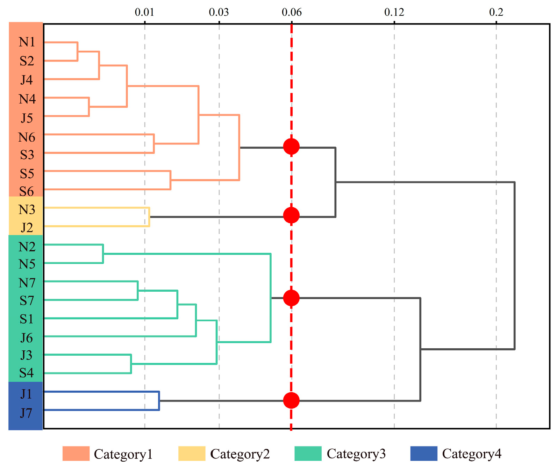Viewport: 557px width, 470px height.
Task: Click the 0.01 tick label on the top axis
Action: (x=144, y=12)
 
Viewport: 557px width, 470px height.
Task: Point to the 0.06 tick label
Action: (x=292, y=12)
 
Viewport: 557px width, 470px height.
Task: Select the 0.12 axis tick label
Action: (x=394, y=12)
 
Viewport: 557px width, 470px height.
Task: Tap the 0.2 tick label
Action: (x=496, y=12)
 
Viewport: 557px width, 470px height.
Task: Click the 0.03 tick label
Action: (x=219, y=12)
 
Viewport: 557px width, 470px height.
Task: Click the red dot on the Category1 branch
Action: (x=291, y=146)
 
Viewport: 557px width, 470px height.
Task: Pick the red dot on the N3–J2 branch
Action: (x=291, y=215)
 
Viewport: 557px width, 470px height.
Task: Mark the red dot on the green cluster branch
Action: (x=291, y=298)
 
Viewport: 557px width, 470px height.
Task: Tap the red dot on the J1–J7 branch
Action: (x=291, y=400)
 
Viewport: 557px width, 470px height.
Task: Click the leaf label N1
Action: (x=27, y=42)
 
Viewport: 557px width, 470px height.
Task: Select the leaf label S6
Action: (x=27, y=191)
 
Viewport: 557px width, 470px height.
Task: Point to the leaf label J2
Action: (x=27, y=228)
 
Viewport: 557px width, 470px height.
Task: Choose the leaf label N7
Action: (x=27, y=283)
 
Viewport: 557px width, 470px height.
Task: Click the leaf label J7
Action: (x=26, y=413)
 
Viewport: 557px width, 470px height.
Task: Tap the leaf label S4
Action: (x=27, y=373)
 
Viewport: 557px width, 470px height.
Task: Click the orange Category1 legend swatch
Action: (x=76, y=454)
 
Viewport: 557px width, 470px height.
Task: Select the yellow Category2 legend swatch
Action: (x=192, y=454)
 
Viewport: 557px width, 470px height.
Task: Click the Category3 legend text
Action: (x=356, y=454)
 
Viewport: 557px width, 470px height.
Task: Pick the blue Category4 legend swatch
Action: (x=423, y=454)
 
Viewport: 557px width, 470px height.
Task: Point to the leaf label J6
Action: (x=27, y=338)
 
